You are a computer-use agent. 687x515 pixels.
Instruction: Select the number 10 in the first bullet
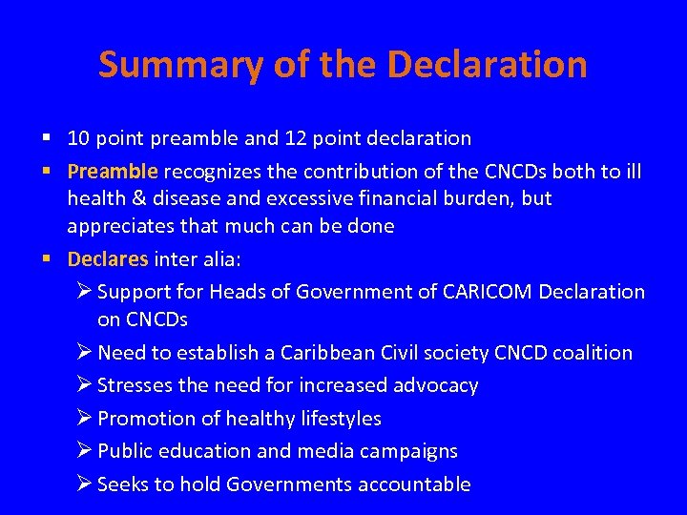[x=78, y=138]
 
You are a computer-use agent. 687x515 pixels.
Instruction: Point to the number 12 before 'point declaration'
[x=295, y=138]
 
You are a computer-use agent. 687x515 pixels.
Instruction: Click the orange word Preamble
[x=112, y=172]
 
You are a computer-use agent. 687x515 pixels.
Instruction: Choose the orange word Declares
[x=108, y=258]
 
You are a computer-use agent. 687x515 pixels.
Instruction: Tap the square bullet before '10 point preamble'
[x=48, y=138]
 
